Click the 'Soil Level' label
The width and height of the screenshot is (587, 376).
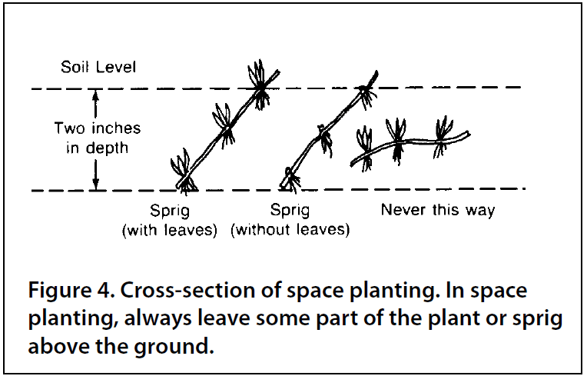click(99, 68)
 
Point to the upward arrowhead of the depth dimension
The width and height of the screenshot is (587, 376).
click(96, 94)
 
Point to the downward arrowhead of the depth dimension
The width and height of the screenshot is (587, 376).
click(96, 185)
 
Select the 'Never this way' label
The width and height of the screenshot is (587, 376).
click(438, 210)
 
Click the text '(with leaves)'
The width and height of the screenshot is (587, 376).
click(170, 229)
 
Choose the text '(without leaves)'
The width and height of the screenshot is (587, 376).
click(290, 229)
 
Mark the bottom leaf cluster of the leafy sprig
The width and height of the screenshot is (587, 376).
click(183, 169)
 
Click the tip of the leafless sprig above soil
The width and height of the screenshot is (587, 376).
click(374, 75)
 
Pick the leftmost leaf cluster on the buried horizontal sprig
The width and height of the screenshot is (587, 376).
click(364, 141)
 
